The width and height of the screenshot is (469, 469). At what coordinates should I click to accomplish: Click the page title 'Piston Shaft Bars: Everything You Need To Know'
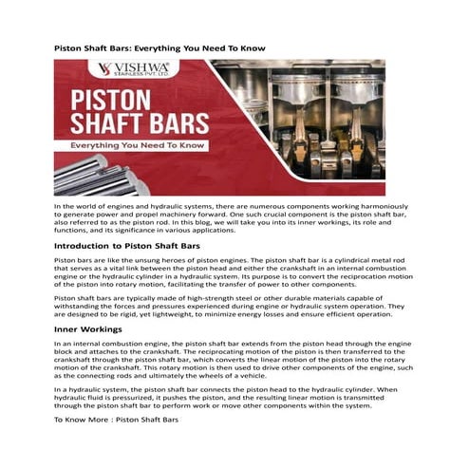pyautogui.click(x=159, y=47)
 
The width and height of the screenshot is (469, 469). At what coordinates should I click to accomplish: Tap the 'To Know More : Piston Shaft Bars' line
pyautogui.click(x=116, y=419)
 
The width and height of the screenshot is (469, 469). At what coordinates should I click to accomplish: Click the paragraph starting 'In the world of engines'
pyautogui.click(x=234, y=217)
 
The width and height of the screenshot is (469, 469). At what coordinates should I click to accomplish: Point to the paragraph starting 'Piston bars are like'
pyautogui.click(x=234, y=272)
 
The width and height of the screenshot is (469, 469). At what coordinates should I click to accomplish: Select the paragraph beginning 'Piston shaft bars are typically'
pyautogui.click(x=234, y=306)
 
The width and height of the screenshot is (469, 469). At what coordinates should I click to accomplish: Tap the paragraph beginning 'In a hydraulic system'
pyautogui.click(x=234, y=397)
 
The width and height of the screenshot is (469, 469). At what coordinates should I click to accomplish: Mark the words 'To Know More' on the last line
pyautogui.click(x=80, y=419)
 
